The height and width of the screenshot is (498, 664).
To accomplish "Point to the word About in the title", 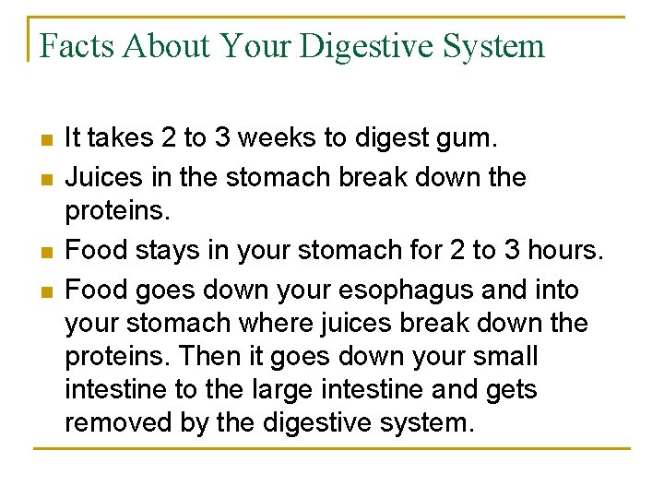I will (161, 45).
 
